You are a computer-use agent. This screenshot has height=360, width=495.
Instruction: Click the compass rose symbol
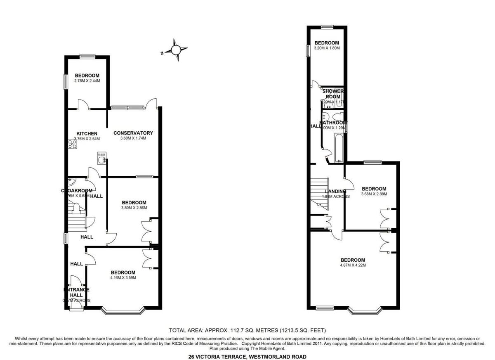[176, 50]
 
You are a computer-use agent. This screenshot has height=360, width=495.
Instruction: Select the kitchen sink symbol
[101, 158]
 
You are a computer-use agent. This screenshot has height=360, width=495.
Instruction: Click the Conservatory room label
[133, 133]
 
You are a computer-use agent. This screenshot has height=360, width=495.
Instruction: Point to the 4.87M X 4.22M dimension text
[353, 265]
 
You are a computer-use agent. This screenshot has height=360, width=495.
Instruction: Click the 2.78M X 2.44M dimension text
[87, 81]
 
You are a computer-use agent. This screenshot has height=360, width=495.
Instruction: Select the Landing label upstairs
[335, 191]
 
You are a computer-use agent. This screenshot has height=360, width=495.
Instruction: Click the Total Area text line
[247, 330]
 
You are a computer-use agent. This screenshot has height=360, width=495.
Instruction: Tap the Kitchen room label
[87, 134]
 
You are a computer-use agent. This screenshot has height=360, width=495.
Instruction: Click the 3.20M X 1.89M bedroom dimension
[327, 48]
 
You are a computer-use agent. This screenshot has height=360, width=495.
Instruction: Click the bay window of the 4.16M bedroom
[123, 310]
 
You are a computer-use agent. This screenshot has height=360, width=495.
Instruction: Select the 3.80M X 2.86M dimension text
[134, 208]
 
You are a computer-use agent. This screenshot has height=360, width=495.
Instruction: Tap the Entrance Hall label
[76, 292]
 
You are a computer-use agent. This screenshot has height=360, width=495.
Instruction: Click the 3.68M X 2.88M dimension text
[374, 194]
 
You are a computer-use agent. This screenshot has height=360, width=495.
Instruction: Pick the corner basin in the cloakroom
[72, 181]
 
